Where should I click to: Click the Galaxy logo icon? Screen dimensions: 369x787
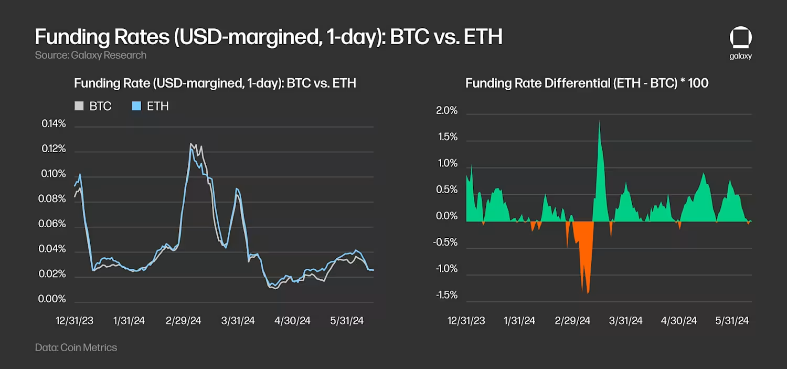pos(740,39)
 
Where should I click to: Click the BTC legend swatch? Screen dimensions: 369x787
pos(79,106)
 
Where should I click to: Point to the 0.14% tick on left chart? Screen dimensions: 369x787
pos(54,124)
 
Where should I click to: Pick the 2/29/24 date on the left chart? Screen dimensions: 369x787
pos(183,321)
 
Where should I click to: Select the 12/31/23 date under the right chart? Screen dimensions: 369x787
pos(466,321)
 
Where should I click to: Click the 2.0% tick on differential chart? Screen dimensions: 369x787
pos(447,111)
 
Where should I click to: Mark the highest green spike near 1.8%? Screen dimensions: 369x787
pos(599,122)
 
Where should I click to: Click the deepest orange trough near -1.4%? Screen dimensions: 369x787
pos(588,292)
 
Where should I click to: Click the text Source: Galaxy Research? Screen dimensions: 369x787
pos(91,55)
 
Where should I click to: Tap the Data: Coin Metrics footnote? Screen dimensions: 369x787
pos(76,347)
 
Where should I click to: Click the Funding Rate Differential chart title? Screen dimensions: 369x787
pos(587,83)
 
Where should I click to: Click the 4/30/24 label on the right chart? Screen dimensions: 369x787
pos(679,321)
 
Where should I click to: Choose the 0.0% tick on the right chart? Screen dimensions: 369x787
pos(447,216)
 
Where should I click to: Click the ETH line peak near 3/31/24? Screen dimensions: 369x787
pos(237,189)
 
